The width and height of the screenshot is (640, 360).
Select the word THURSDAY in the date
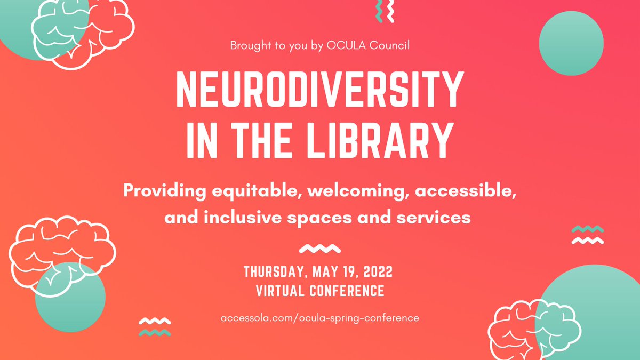coord(273,272)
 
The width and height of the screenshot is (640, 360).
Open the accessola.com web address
coord(320,318)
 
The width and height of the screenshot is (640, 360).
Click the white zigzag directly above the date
coord(320,249)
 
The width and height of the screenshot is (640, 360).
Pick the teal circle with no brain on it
coord(571,43)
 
